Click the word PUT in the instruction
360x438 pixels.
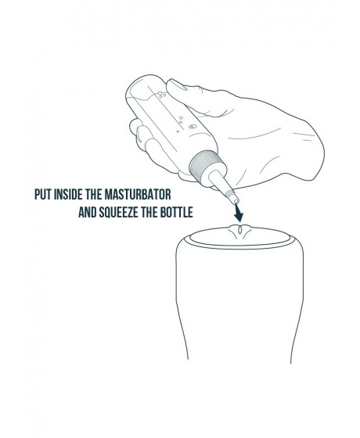43,194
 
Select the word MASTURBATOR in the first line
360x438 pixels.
138,194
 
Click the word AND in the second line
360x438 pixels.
88,212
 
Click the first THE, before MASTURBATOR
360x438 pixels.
94,194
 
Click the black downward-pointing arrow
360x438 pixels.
239,213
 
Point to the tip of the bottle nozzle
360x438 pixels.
236,200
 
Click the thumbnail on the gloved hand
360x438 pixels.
177,84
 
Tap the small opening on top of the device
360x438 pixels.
239,230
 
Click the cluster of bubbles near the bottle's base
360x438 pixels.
161,95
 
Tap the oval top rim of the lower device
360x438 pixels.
239,238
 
